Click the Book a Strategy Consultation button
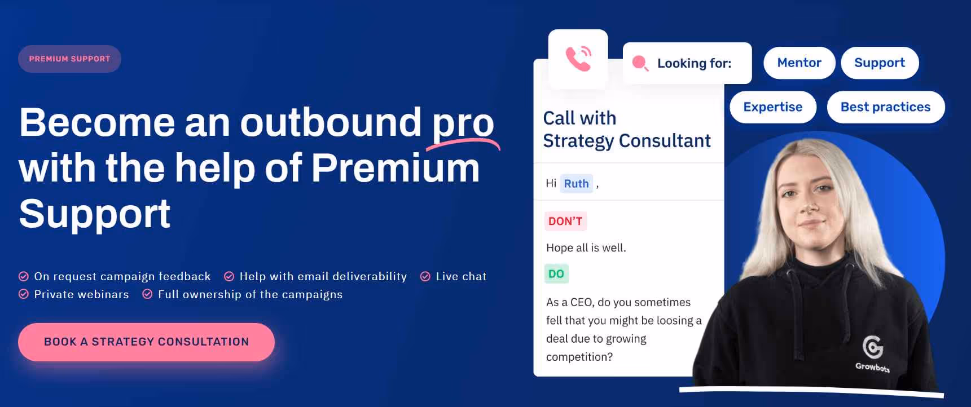click(146, 342)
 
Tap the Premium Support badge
click(69, 59)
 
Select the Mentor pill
click(799, 63)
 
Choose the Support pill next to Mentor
click(879, 63)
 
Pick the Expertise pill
click(772, 107)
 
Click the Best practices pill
click(885, 107)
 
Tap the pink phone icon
click(578, 59)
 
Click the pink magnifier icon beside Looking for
click(640, 63)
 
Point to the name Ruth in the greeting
click(576, 183)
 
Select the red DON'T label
click(565, 221)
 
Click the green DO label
click(556, 273)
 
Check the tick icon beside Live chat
click(425, 276)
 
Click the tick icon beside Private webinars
click(24, 294)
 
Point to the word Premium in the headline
click(395, 168)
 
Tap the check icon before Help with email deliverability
click(229, 276)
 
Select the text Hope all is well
click(586, 247)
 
